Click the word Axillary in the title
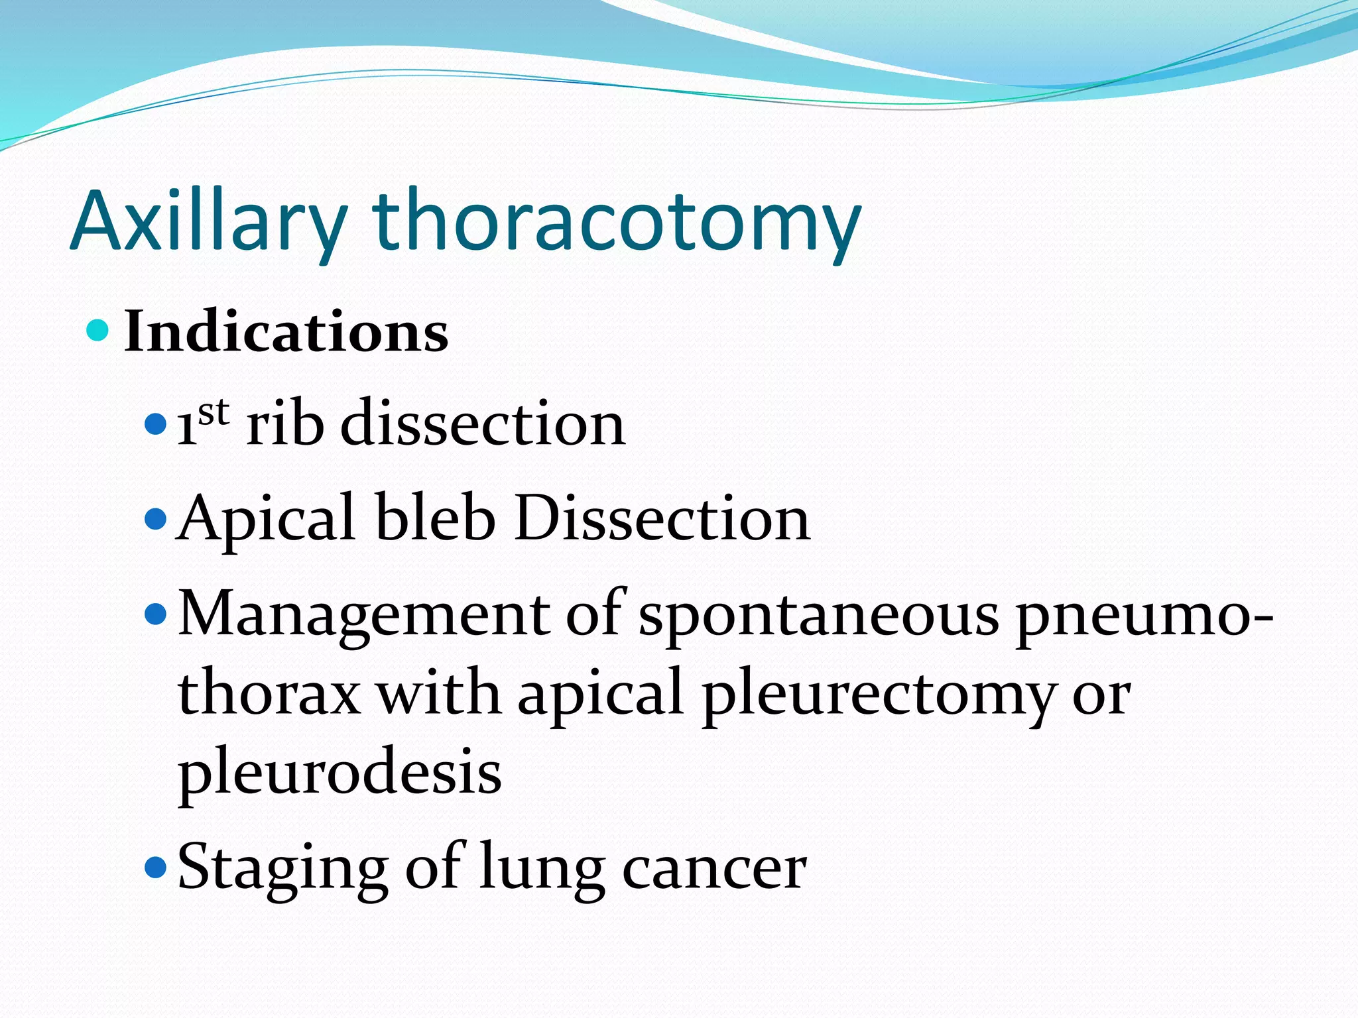209,222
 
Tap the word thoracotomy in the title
617,222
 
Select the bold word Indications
286,331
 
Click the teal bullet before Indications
97,330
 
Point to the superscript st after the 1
214,412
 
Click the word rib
285,424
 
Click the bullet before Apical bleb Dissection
154,519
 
